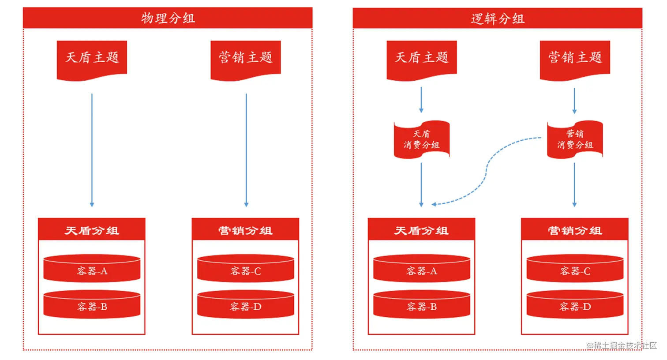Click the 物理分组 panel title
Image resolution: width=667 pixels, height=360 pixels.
[x=168, y=18]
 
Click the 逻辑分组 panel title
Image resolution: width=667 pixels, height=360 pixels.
[x=497, y=19]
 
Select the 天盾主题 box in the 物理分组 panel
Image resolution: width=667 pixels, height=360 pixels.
[x=92, y=58]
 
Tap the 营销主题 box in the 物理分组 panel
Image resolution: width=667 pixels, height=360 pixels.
[x=246, y=58]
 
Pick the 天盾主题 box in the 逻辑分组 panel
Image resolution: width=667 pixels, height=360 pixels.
[x=422, y=58]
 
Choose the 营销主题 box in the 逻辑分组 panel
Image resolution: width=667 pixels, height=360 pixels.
[x=575, y=58]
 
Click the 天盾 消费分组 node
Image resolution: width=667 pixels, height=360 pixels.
[x=422, y=139]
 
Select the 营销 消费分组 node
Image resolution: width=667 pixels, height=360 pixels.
[x=575, y=139]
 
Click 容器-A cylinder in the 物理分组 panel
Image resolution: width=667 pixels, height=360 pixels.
[x=92, y=269]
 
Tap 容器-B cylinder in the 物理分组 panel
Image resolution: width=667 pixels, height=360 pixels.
[x=92, y=305]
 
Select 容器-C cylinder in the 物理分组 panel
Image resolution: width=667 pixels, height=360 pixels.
[x=246, y=269]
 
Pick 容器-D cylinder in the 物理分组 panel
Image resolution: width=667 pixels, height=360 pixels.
[x=246, y=305]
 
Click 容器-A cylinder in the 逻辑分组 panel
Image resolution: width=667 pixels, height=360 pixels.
[x=422, y=269]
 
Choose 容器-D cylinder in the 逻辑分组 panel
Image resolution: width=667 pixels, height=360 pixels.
[x=575, y=305]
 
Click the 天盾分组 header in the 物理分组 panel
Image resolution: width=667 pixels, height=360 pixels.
[x=92, y=230]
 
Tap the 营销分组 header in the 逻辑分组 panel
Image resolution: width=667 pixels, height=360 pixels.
[x=575, y=230]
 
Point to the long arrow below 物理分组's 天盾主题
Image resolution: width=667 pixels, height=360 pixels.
[x=92, y=150]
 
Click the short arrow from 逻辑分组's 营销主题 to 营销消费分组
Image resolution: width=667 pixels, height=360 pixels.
[x=574, y=101]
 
